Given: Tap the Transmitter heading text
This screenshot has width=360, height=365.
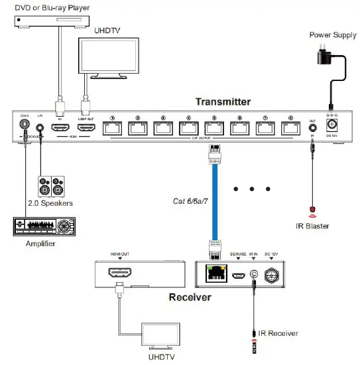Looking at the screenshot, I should [223, 102].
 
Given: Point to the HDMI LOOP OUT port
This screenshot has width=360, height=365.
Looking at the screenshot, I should [86, 127].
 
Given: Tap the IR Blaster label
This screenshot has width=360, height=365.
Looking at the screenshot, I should [312, 226].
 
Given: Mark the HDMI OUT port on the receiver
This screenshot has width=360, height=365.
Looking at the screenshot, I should [120, 273].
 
